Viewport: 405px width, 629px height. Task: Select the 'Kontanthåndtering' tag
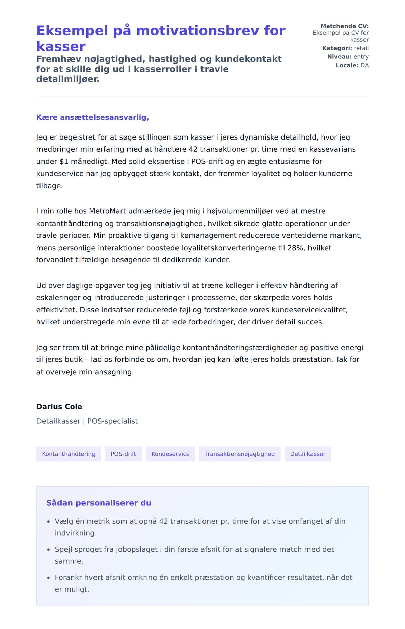[69, 454]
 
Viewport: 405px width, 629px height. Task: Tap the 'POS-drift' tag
[123, 454]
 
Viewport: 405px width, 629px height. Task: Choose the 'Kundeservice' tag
[170, 454]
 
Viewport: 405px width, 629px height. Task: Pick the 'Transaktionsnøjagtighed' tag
[240, 454]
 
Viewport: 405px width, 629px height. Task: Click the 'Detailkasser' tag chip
[307, 454]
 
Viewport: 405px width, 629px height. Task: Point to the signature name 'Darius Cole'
[59, 407]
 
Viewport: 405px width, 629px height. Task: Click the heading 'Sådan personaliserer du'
[99, 503]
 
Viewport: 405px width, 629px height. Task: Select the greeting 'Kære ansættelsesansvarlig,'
[92, 117]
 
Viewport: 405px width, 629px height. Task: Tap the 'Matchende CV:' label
[344, 26]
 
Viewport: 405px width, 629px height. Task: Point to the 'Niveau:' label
[339, 57]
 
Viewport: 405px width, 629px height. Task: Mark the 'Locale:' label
[347, 65]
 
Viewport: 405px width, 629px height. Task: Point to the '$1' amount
[64, 161]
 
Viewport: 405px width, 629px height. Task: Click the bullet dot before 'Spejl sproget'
[48, 550]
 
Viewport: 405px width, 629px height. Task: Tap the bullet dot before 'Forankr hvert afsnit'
[48, 578]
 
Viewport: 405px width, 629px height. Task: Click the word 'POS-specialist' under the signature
[112, 421]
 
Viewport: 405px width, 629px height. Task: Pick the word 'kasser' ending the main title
[61, 46]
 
